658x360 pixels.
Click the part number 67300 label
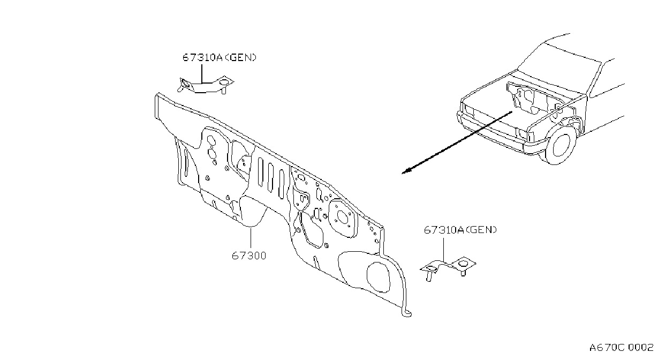[x=249, y=256]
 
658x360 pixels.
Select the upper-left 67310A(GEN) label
[x=220, y=57]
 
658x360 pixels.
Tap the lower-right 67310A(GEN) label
[x=460, y=230]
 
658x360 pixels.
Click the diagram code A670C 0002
[x=621, y=348]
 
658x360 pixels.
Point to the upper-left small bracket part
[x=205, y=85]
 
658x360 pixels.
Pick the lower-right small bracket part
[x=448, y=268]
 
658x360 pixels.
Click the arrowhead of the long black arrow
[x=406, y=171]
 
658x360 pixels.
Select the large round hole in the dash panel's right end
[x=379, y=277]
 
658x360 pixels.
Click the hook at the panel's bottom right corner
[x=407, y=313]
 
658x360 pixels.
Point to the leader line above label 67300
[x=251, y=238]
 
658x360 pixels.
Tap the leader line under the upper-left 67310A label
[x=202, y=74]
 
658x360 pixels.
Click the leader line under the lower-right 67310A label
[x=443, y=250]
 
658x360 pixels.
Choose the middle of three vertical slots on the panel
[x=270, y=178]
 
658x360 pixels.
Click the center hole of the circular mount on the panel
[x=343, y=217]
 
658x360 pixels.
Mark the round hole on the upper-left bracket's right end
[x=224, y=82]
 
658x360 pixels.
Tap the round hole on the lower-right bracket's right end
[x=463, y=264]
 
